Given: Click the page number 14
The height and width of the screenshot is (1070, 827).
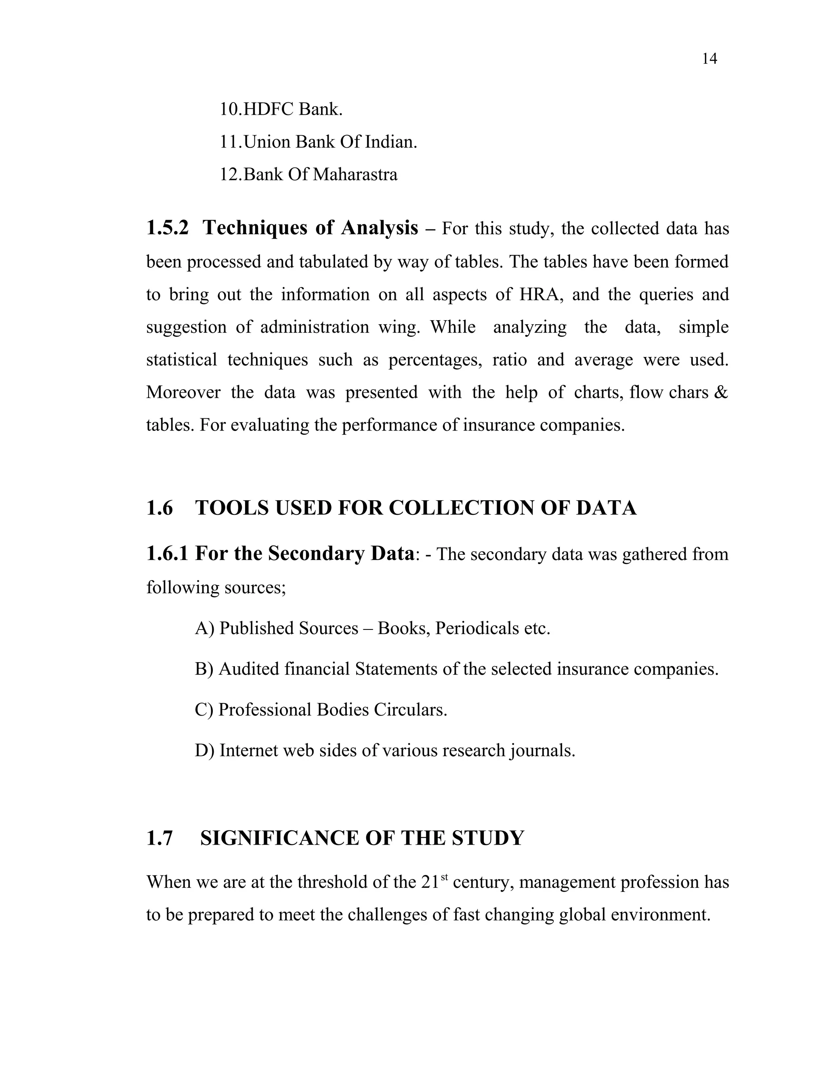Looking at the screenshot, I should [709, 59].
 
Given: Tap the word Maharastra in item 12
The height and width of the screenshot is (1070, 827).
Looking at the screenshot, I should [355, 174].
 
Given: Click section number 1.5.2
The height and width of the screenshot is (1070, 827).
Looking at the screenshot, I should [167, 228].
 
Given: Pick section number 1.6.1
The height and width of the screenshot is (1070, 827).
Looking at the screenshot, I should [167, 554].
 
